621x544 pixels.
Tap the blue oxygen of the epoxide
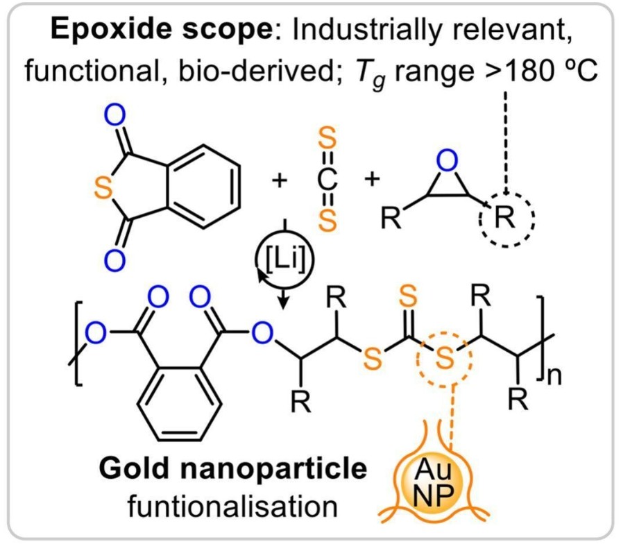pos(450,163)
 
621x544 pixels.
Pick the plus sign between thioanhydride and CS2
pos(280,182)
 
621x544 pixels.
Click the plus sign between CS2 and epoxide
pos(373,180)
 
